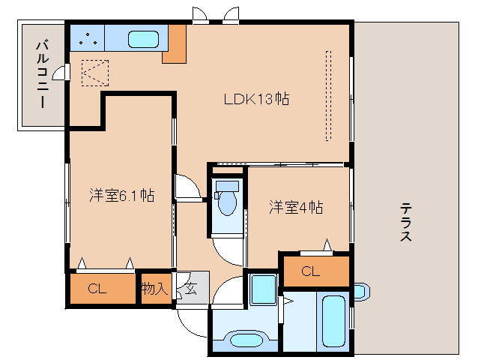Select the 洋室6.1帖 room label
[121, 196]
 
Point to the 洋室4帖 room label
[296, 208]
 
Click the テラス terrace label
[405, 222]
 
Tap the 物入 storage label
[155, 289]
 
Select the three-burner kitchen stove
[88, 38]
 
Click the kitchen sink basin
[142, 39]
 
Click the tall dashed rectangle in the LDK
[327, 95]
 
